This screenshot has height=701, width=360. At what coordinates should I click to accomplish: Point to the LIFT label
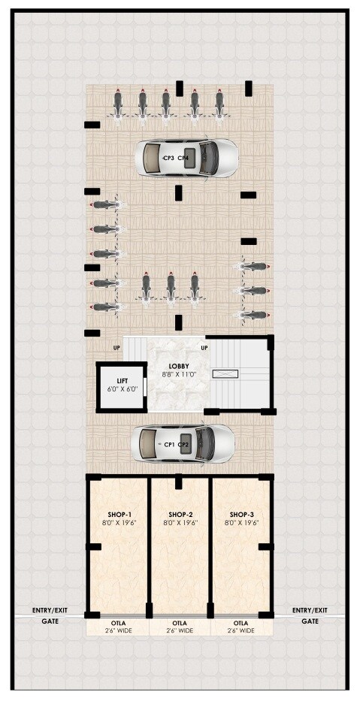pos(122,381)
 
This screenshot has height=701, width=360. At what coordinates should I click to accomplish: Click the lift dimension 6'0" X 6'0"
pos(122,389)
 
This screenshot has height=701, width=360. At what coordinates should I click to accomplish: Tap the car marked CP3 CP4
pos(186,158)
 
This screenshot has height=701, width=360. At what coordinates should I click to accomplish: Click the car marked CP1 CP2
pos(183,444)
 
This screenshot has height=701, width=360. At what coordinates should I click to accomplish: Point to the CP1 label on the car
pos(169,444)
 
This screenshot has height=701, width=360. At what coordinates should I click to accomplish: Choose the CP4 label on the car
pos(183,159)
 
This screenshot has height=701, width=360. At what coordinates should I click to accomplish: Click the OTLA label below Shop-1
pos(119,623)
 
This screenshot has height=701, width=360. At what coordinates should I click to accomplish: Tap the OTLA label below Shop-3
pos(241,623)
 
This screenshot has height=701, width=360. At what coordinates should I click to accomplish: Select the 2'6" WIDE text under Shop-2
pos(180,631)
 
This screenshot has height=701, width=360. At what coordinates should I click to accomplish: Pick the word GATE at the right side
pos(310,621)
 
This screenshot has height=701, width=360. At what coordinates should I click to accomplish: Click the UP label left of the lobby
pos(116,347)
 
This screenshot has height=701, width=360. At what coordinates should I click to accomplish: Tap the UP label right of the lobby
pos(205,347)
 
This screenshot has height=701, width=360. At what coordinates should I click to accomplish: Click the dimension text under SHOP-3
pos(242,522)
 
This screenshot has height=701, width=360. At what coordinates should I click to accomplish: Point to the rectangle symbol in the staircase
pos(226,373)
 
